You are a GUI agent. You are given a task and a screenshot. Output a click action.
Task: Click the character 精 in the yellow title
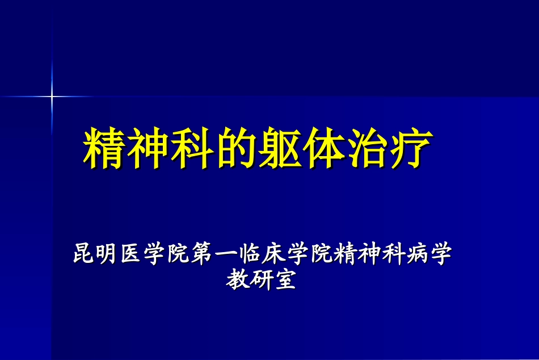[x=104, y=148]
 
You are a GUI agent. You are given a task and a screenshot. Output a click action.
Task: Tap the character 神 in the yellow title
[x=147, y=148]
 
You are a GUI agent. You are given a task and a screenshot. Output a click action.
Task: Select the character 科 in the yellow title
[x=190, y=148]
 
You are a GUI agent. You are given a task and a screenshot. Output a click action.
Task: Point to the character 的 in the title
[x=233, y=148]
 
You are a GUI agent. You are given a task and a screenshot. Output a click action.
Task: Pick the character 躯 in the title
[x=276, y=148]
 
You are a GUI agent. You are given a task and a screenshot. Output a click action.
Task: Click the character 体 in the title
[x=319, y=148]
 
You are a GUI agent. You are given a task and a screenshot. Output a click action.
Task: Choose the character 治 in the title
[x=363, y=148]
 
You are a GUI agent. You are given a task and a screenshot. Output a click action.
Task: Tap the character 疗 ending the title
[x=406, y=148]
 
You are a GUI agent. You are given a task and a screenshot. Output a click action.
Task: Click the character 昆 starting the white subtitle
[x=83, y=253]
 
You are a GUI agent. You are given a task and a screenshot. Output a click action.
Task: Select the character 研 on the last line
[x=262, y=279]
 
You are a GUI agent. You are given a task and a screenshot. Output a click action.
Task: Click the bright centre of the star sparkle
[x=52, y=96]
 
